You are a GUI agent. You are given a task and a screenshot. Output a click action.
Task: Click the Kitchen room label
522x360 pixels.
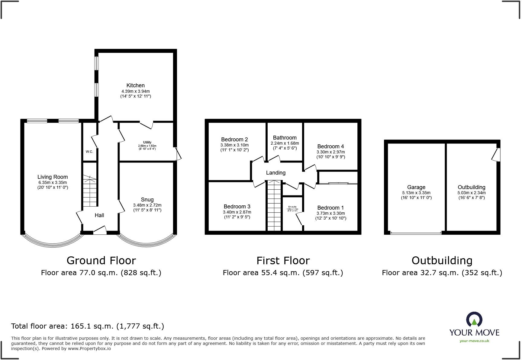point(135,85)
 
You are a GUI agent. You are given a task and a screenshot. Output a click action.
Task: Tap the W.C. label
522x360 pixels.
point(89,152)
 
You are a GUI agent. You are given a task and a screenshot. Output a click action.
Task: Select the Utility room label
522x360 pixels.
point(147,142)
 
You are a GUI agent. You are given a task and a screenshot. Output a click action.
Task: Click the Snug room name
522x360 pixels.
point(147,200)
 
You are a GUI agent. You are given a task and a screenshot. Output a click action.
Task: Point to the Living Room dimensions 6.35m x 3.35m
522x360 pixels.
point(53,182)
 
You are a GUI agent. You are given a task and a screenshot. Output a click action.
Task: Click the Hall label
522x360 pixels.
point(99,215)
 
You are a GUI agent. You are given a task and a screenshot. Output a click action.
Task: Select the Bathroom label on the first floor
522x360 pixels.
point(285,138)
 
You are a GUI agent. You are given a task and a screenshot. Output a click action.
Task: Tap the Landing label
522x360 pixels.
point(275,173)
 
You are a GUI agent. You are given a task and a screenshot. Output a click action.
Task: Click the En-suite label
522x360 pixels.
point(292,207)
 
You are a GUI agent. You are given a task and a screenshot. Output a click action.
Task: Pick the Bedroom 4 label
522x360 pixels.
point(330,146)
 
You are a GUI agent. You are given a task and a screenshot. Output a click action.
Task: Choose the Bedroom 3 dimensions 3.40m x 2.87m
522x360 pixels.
point(237,212)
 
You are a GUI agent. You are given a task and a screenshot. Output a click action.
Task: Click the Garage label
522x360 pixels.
point(416,187)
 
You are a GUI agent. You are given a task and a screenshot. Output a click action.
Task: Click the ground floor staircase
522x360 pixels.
point(90,191)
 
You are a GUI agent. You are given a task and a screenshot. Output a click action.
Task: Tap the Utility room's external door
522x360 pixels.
point(178,154)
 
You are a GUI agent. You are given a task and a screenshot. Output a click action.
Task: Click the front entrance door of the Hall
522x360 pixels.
point(100,231)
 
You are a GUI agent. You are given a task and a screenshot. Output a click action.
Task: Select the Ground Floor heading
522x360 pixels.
point(101,260)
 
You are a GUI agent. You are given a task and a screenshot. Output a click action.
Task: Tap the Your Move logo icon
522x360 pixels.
point(474,320)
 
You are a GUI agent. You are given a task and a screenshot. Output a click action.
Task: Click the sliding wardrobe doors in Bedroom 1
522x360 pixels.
point(338,183)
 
